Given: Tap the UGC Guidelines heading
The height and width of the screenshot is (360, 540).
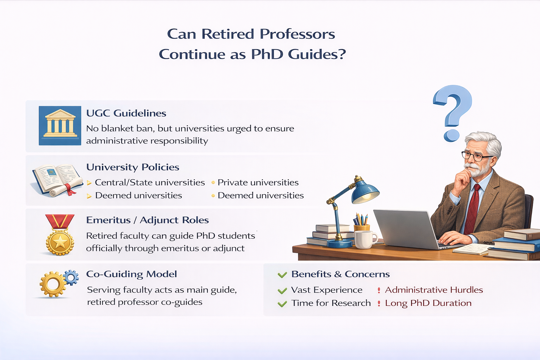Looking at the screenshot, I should coord(126,113).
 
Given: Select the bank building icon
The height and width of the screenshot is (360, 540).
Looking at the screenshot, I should coord(60,126).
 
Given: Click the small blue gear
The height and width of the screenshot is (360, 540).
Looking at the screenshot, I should coord(71,277).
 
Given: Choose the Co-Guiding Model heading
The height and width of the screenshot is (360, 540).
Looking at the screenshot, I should coord(131,274).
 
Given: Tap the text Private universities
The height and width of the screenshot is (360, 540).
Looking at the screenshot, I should coord(258,182).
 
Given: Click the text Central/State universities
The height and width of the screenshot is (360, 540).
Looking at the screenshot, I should coord(150,182).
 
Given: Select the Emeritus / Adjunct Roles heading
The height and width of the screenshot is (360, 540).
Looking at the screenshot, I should coord(147,220).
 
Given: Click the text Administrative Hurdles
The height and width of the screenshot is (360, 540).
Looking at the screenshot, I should coord(434,290).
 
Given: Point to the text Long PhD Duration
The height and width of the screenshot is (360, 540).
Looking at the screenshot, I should coord(428,303).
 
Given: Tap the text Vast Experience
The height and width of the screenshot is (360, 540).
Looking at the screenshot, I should coord(327,290).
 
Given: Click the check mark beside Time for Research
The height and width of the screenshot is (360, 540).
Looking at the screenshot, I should coord(282,304).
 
